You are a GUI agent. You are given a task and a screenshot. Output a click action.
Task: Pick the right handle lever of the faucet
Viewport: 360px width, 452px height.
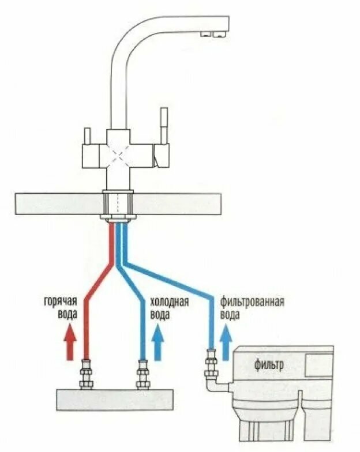click(163, 127)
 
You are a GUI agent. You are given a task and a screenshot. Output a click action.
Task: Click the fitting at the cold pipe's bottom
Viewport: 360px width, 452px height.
click(142, 375)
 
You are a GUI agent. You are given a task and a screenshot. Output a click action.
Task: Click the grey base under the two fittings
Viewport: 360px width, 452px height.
click(115, 398)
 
